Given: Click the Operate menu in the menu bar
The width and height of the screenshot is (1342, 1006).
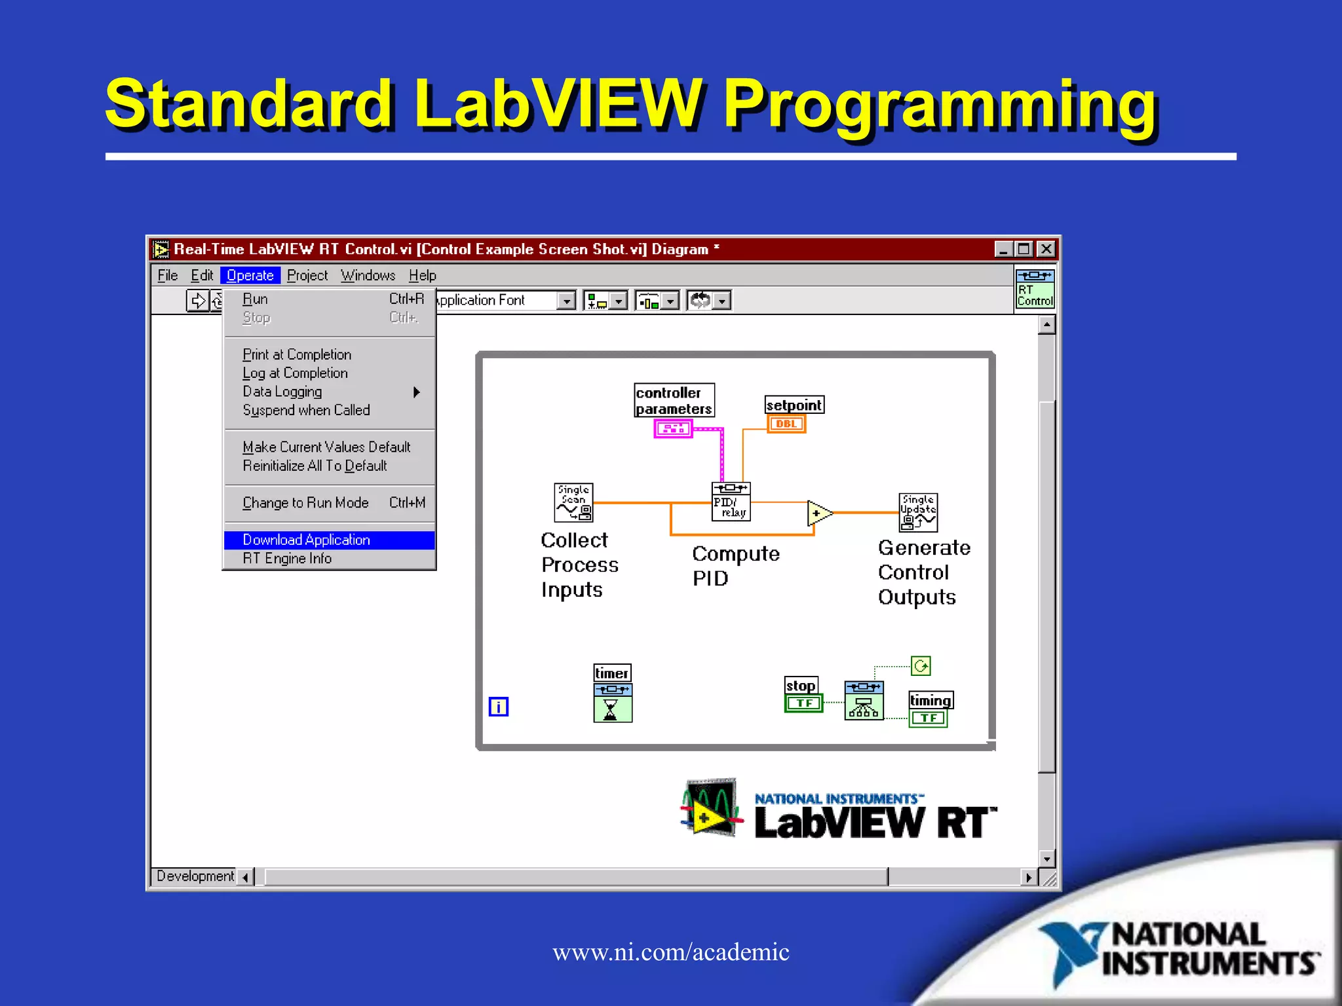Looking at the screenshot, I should pos(250,275).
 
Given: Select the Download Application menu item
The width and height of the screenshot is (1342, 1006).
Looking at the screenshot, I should pos(306,540).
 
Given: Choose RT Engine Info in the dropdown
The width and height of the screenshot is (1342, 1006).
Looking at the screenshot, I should pos(287,559).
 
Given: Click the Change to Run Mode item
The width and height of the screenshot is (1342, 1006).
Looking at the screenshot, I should pos(305,502).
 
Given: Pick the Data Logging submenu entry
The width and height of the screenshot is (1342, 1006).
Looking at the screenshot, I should pos(282,392).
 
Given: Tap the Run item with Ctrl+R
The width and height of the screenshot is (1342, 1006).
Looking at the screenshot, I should pos(255,299).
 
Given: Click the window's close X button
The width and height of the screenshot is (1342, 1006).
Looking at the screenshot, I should pos(1046,249).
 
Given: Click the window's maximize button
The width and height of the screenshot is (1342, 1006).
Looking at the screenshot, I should pos(1024,249).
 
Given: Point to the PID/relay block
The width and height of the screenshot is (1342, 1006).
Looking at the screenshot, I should pos(731,502).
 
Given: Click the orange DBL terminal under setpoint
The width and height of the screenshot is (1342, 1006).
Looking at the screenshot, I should pos(786,424).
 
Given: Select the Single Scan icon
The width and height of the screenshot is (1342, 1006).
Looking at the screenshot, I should pos(573,502).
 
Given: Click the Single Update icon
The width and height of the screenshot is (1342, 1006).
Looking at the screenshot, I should pos(917,512).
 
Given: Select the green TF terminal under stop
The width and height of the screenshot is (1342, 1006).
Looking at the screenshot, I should pos(803,703).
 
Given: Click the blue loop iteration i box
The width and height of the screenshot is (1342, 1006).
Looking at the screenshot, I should pos(498,707).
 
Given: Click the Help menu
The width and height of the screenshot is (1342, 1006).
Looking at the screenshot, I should pos(422,275).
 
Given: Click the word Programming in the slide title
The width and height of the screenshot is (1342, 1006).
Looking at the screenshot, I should pos(940,105).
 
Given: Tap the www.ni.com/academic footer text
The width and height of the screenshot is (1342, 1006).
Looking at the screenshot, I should pos(670,952).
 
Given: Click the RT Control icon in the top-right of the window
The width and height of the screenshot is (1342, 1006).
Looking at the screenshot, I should pos(1035,288).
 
